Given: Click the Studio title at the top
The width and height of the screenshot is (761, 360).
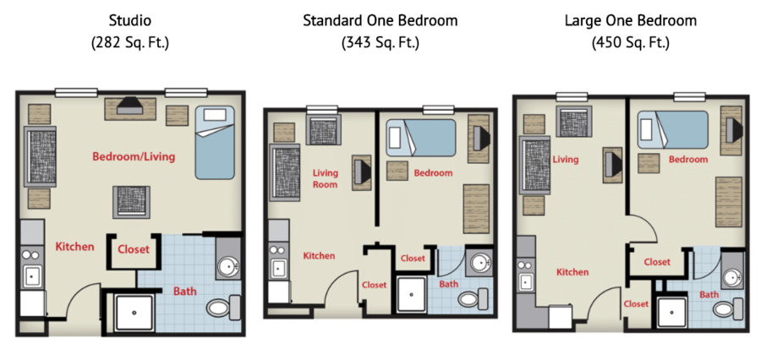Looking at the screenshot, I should point(130,19).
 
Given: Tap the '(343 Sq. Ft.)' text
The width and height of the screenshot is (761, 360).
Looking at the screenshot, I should point(380,41).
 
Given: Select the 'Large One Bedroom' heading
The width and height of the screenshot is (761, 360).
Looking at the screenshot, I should point(630,19).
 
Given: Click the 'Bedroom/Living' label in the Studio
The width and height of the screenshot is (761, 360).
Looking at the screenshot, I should point(134,157).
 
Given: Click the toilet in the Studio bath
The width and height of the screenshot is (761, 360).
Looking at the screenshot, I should point(221,308).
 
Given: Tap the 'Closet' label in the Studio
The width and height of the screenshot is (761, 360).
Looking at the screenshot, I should point(133,249).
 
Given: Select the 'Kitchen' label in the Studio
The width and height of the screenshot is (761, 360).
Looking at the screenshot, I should point(75,247).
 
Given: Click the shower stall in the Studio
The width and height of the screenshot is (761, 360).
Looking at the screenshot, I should point(135,313).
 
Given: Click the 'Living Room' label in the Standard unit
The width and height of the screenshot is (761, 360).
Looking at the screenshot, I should point(326,178).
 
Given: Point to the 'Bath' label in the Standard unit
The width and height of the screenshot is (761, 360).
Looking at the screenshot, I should point(449,284).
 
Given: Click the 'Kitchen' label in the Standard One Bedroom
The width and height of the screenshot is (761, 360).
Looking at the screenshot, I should point(319,255).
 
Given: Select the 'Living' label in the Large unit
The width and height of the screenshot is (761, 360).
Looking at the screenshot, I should point(565,159).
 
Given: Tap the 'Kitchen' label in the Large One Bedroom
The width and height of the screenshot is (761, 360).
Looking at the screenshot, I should point(572,272).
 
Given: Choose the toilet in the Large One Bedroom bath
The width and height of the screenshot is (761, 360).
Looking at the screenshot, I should point(725,308).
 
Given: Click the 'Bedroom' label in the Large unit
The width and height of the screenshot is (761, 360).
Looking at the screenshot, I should point(688,160).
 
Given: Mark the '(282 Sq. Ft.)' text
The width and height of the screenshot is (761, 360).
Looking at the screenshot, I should point(130,41).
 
